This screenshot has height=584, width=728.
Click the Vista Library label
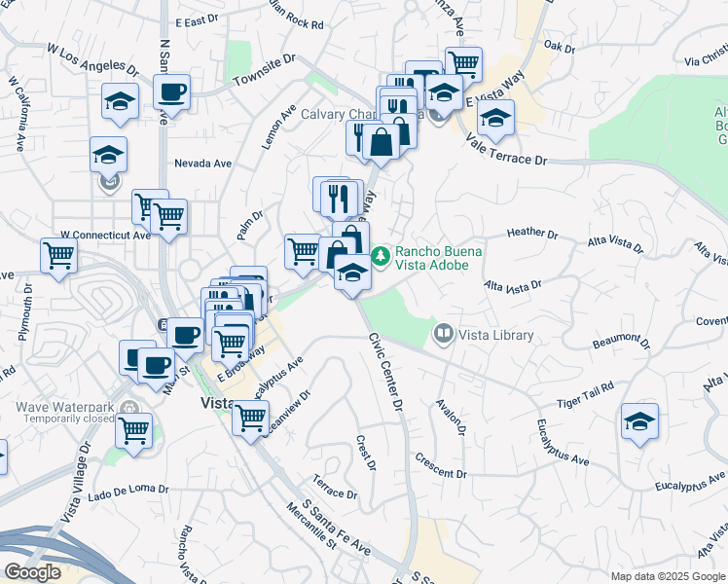[496, 335]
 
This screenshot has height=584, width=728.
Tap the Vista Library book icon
[444, 335]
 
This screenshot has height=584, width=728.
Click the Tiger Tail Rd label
[585, 394]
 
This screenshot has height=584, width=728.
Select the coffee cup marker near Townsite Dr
[171, 92]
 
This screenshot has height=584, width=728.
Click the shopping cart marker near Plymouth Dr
[58, 256]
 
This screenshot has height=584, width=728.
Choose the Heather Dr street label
[531, 234]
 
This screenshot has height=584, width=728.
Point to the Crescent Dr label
[439, 465]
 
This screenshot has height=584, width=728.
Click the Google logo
[32, 572]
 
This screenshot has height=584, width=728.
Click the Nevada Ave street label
[201, 164]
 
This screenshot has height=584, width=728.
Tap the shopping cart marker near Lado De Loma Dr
[133, 428]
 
